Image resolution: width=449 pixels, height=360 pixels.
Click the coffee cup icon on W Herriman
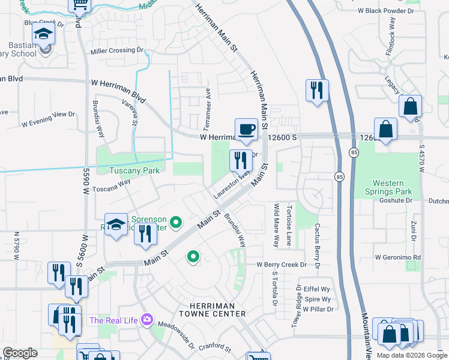(246, 129)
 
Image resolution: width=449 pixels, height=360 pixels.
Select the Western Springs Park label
(393, 187)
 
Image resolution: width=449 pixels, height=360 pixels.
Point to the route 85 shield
(340, 176)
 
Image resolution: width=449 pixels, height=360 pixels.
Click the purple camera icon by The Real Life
(146, 320)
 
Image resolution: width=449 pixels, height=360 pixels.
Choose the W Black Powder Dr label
(386, 11)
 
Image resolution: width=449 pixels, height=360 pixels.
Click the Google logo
(20, 353)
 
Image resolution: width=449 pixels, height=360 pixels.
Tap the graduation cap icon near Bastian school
(43, 34)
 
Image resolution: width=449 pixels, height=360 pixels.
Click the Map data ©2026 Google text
(411, 355)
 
